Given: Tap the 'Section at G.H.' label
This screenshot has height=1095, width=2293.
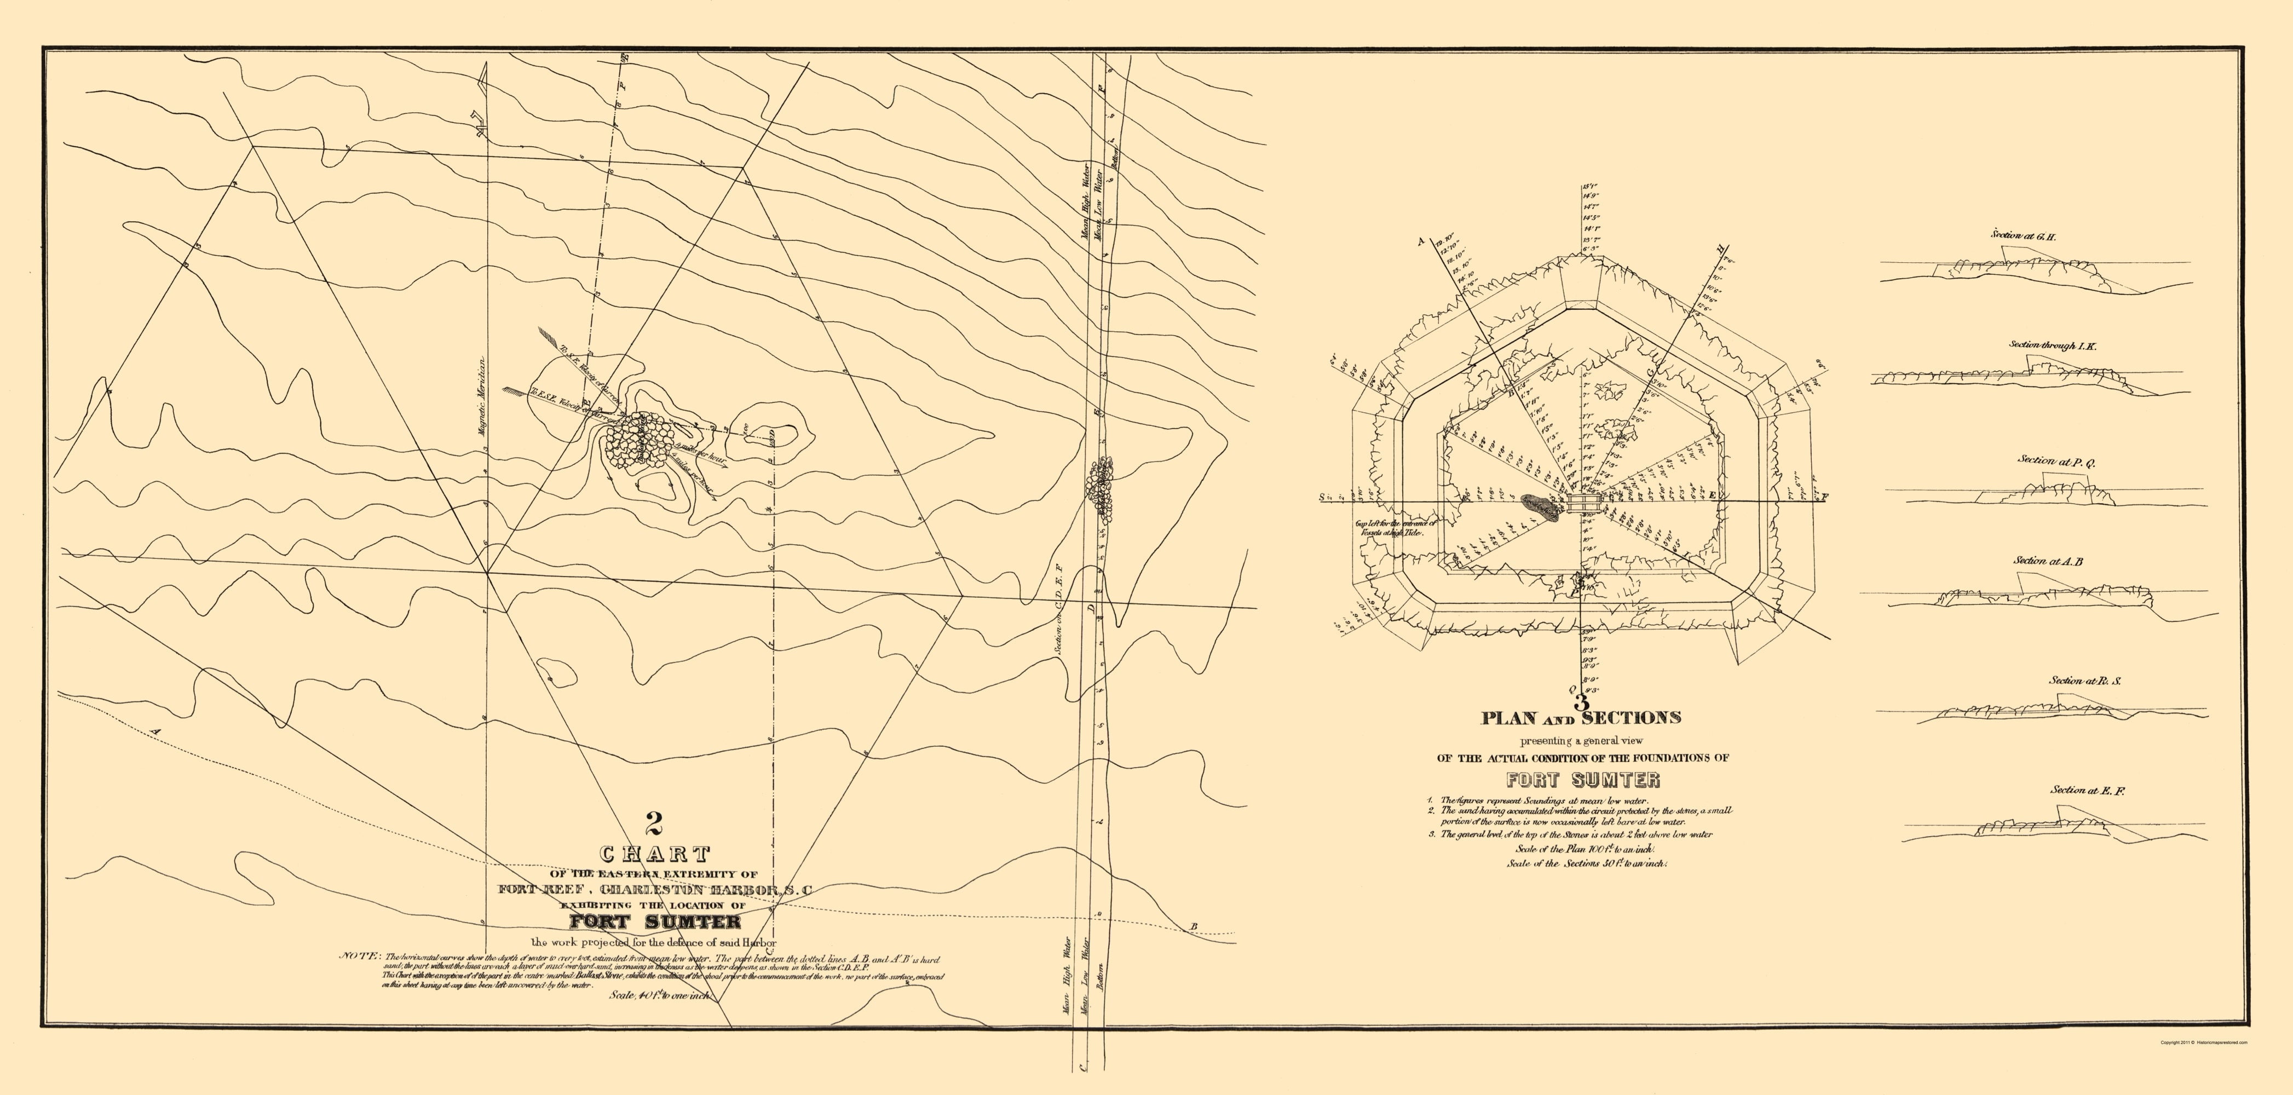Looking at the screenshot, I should click(2023, 237).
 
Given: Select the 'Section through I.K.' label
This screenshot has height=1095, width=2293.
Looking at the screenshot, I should click(2052, 345).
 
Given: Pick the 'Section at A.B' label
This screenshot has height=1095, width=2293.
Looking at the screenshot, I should click(2047, 562).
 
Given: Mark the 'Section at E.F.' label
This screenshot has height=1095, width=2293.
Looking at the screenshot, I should click(2087, 791).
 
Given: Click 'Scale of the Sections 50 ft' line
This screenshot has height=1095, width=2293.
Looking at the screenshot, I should click(1587, 863).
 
